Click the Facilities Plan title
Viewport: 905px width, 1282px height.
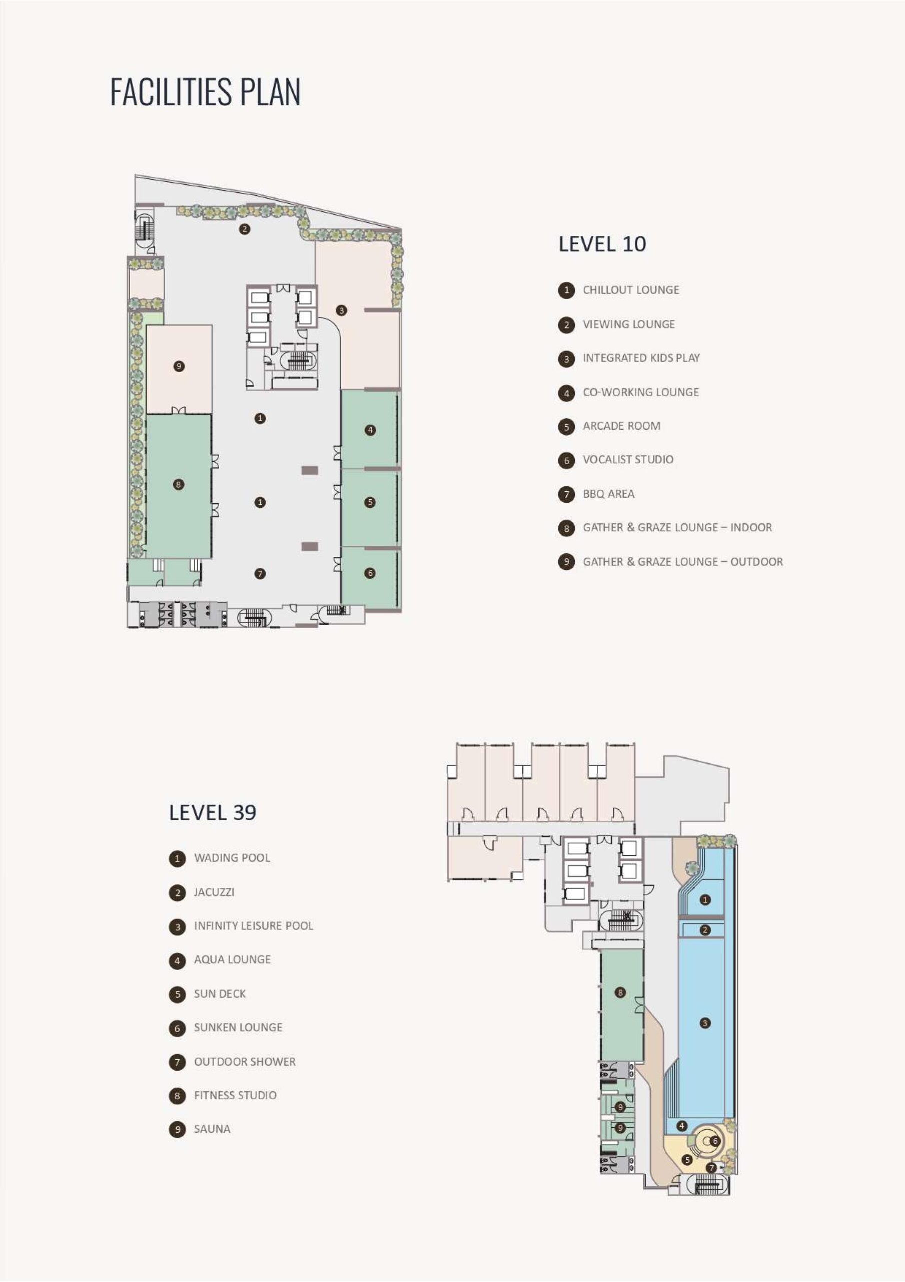tap(205, 92)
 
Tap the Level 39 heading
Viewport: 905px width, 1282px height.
tap(213, 812)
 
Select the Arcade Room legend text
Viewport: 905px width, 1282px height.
tap(621, 426)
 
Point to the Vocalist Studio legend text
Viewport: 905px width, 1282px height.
tap(628, 460)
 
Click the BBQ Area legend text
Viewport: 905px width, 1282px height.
tap(608, 494)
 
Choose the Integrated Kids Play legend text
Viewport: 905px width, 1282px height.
tap(641, 358)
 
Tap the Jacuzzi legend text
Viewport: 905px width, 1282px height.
tap(214, 892)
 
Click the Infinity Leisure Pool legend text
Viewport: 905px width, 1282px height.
tap(253, 926)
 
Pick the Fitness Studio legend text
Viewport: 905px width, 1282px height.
tap(235, 1096)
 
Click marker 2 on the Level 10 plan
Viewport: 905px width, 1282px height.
tap(244, 229)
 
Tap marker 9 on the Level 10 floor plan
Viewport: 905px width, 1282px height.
tap(179, 366)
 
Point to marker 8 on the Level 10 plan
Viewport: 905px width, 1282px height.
tap(179, 484)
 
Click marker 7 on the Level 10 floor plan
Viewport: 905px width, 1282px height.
tap(260, 573)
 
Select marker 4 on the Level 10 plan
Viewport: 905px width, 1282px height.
tap(370, 430)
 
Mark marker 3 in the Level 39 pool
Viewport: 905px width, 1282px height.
tap(705, 1023)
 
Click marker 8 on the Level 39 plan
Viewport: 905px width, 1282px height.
tap(620, 992)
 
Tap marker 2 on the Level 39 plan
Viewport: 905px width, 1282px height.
tap(705, 929)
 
